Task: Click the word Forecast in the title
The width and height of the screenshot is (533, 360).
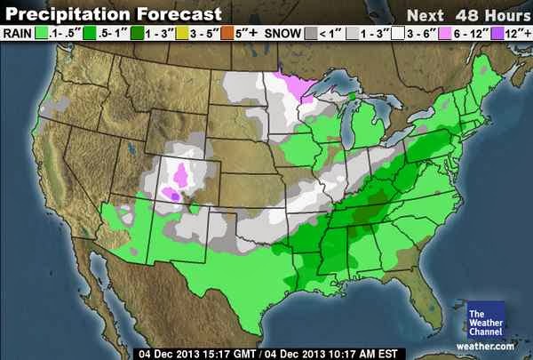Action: pos(172,14)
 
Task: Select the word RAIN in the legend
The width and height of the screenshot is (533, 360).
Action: pos(18,34)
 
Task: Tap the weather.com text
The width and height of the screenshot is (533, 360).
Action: pos(486,345)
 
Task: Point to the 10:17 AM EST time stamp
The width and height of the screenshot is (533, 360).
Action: pos(348,352)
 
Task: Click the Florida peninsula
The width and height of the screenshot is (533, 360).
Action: pos(425,302)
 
